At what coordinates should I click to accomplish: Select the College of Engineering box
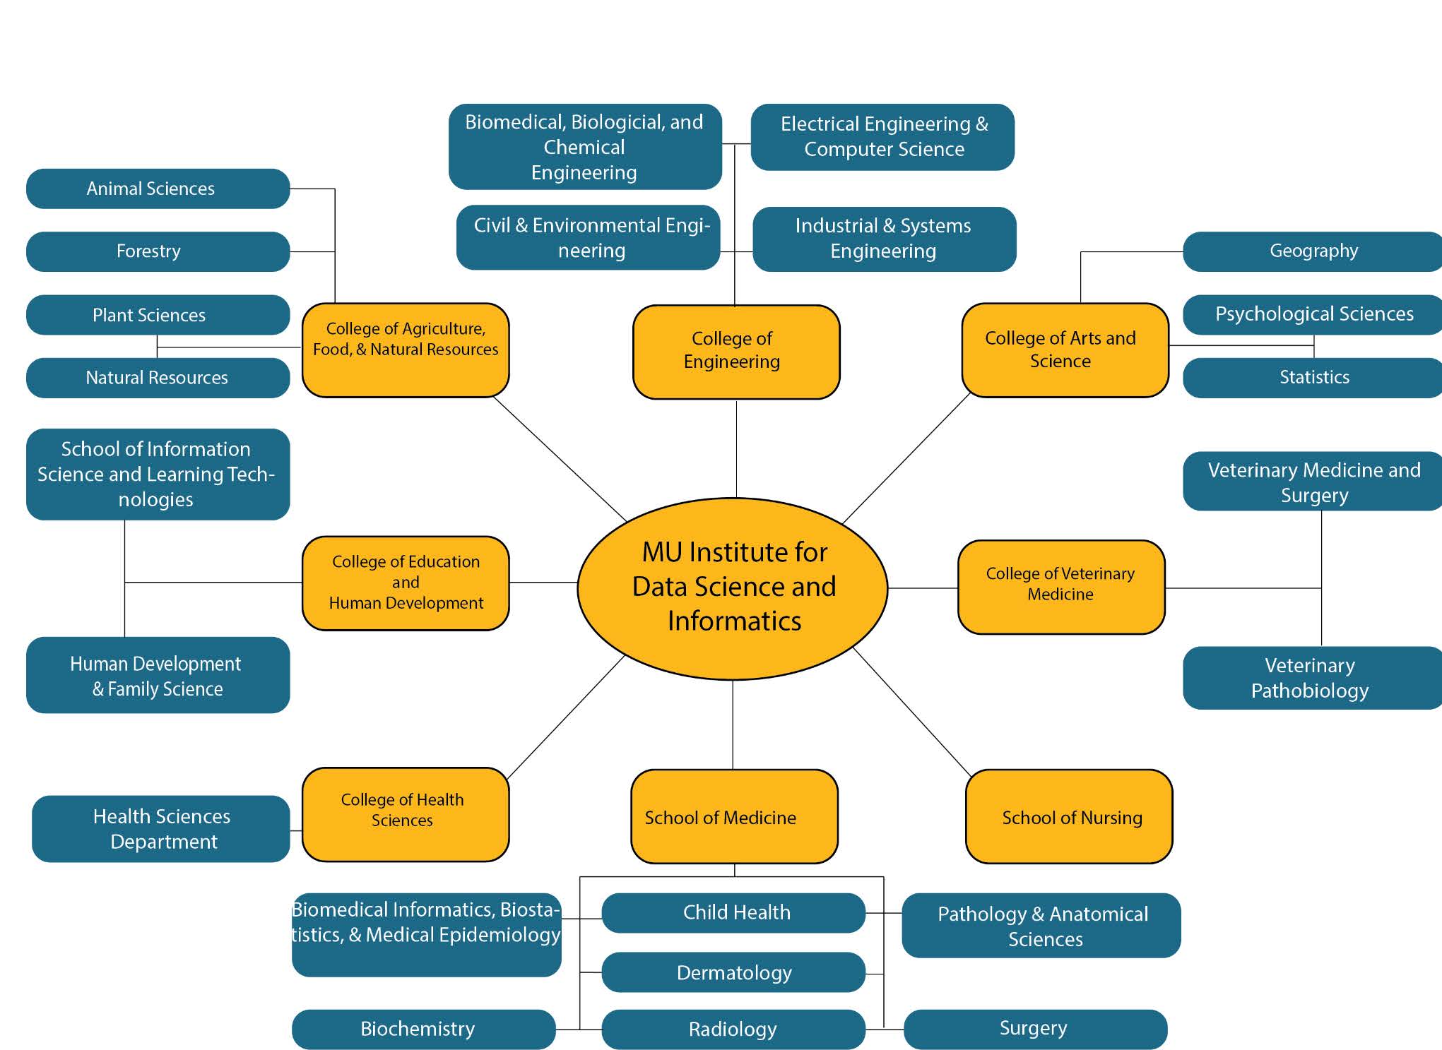[x=735, y=352]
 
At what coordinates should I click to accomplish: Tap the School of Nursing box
[x=1068, y=816]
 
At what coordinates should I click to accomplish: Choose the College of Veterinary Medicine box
[x=1060, y=586]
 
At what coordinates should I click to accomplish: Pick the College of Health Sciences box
[x=405, y=813]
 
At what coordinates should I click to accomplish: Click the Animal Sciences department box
[x=158, y=189]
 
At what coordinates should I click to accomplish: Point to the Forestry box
[x=158, y=251]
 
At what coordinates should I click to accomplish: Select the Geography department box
[x=1312, y=251]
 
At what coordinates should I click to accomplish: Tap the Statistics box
[x=1312, y=378]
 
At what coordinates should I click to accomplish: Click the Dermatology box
[x=733, y=972]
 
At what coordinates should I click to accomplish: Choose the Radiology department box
[x=733, y=1029]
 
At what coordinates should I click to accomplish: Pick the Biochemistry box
[x=422, y=1029]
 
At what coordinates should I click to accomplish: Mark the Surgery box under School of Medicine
[x=1034, y=1029]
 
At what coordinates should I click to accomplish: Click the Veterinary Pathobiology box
[x=1311, y=678]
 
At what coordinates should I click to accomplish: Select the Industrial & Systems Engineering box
[x=884, y=239]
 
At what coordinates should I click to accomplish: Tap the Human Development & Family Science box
[x=158, y=675]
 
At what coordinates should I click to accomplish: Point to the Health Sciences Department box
[x=161, y=828]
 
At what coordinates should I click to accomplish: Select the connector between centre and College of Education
[x=543, y=583]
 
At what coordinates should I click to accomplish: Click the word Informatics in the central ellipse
[x=734, y=621]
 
